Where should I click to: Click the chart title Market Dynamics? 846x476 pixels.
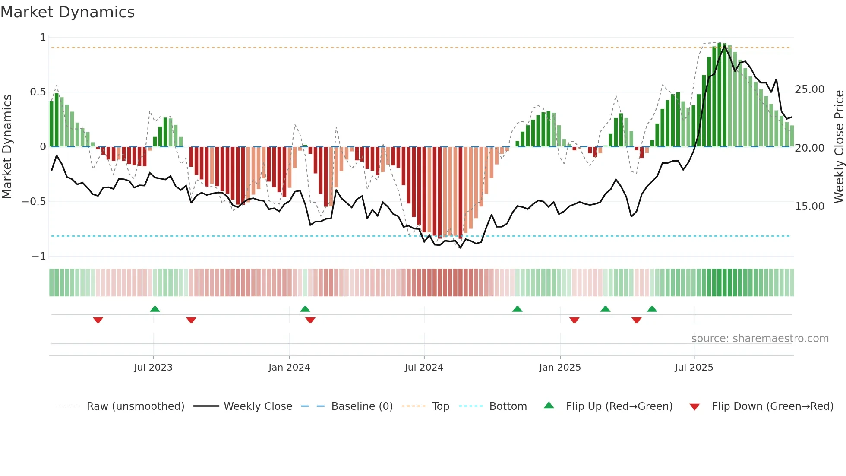coord(67,12)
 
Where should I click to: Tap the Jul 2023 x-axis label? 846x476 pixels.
coord(153,368)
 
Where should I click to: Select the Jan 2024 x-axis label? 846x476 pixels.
coord(289,368)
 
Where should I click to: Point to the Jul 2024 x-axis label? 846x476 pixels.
coord(424,368)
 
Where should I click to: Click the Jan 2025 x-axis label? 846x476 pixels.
coord(560,368)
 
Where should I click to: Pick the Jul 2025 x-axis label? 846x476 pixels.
coord(694,368)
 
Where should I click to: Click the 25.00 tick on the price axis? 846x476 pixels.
coord(809,89)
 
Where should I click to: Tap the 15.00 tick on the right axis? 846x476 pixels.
coord(809,206)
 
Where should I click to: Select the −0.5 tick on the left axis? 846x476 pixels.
coord(34,202)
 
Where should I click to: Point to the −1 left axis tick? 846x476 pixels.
coord(38,257)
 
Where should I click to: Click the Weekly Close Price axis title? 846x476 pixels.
coord(839,147)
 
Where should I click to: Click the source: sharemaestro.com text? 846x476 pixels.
coord(760,339)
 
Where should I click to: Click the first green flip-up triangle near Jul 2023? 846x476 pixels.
coord(155,309)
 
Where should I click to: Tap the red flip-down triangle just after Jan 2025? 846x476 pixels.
coord(574,320)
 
